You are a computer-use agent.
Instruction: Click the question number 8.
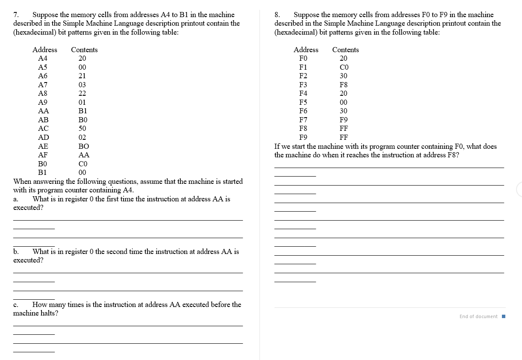(277, 15)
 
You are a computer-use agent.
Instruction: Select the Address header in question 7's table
(44, 50)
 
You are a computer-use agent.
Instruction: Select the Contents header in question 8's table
(345, 50)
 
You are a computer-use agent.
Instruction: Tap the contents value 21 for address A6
(82, 76)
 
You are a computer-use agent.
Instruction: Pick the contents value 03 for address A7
(82, 85)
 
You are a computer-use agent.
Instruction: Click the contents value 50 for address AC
(82, 128)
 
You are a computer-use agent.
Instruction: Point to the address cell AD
(43, 137)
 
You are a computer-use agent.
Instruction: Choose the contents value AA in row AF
(84, 155)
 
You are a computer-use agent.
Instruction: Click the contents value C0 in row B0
(83, 164)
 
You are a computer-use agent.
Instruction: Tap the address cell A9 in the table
(43, 102)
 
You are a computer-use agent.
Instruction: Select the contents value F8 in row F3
(343, 85)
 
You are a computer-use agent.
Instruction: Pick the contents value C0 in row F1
(344, 67)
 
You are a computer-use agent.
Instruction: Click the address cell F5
(303, 102)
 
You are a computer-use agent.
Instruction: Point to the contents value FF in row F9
(343, 137)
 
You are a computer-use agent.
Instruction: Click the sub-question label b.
(16, 252)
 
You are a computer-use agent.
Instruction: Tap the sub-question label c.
(15, 305)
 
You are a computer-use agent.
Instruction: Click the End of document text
(478, 316)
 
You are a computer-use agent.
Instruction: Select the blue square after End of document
(503, 316)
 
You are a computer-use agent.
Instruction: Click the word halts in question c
(50, 313)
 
